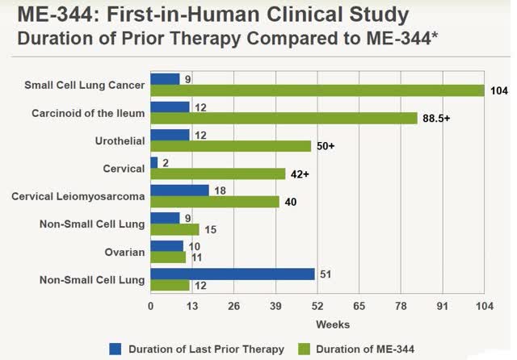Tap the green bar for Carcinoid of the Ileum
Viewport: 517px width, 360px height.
(284, 118)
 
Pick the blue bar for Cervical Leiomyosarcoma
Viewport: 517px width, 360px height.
(179, 190)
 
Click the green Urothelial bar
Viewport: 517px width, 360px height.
(230, 146)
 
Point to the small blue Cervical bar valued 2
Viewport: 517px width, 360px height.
(154, 162)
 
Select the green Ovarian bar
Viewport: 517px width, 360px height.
(168, 257)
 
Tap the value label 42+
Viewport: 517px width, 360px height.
(301, 174)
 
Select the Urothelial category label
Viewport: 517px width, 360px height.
(118, 140)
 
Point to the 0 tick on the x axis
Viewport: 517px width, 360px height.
(151, 307)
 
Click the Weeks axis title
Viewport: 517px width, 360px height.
(332, 324)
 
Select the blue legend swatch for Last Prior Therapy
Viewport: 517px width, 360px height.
(116, 349)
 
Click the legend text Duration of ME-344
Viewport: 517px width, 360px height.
(364, 349)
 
